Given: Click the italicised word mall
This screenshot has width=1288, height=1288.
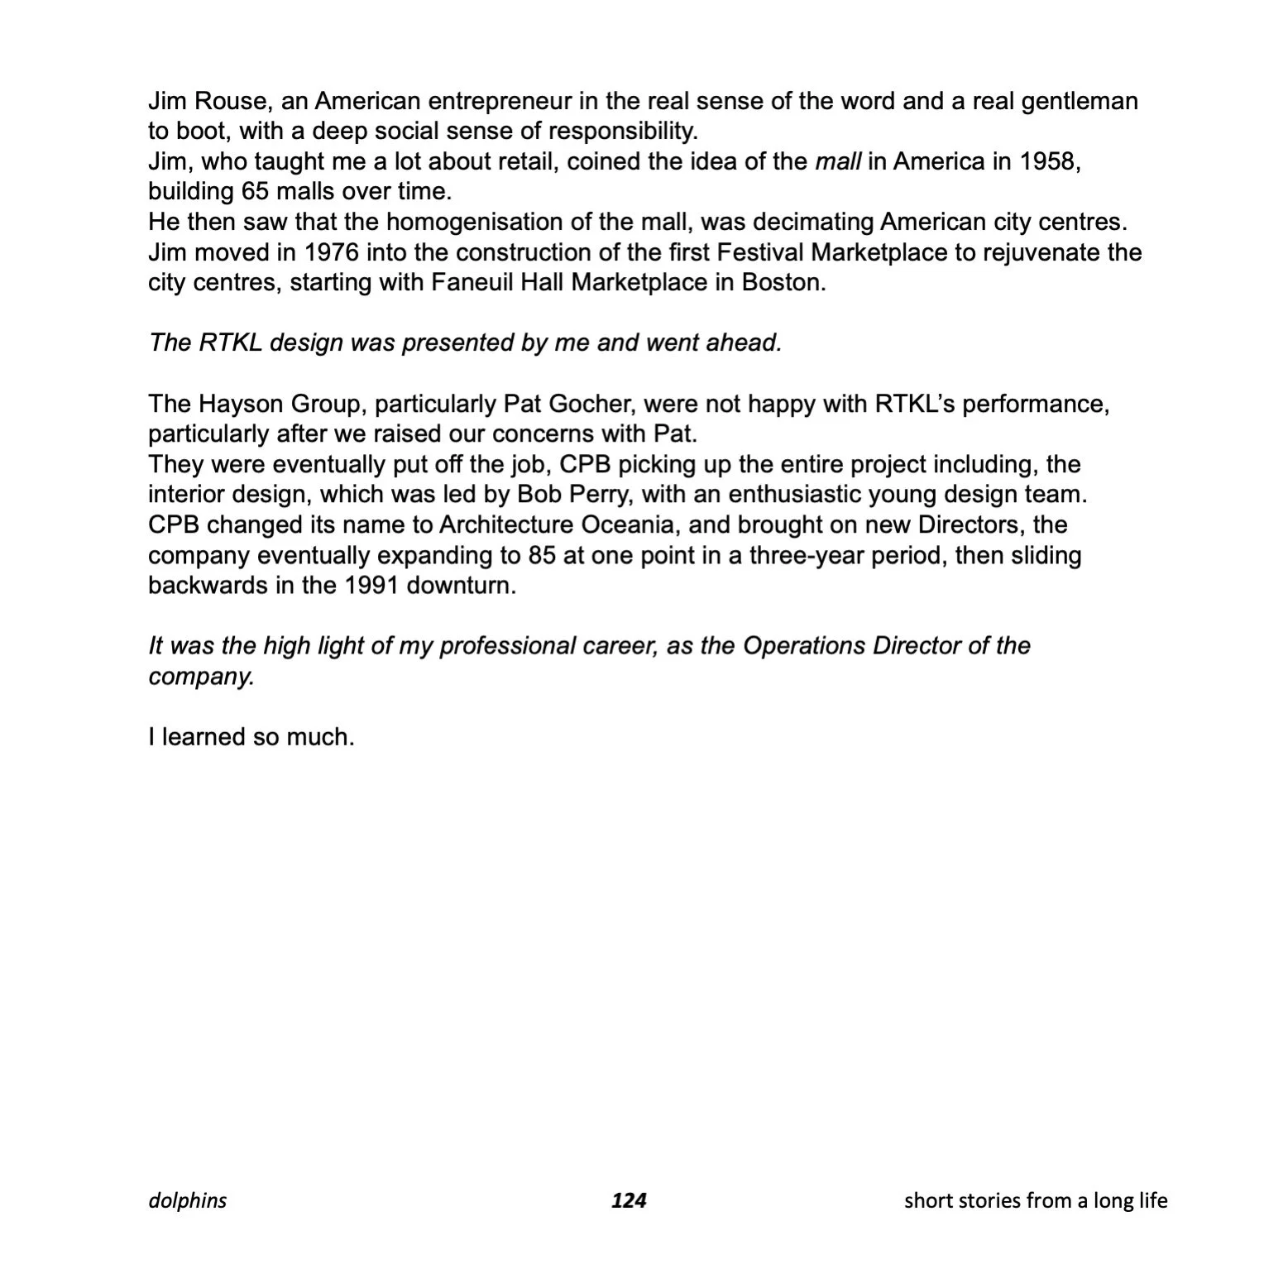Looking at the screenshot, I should pos(838,161).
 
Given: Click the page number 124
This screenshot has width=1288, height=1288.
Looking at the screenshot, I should pos(629,1200).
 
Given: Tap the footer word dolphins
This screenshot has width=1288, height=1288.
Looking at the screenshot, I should pos(188,1200).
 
